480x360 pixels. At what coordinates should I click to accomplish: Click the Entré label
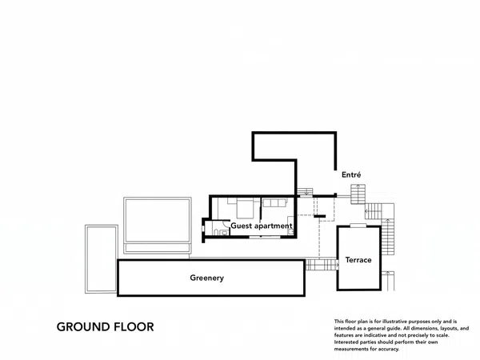351,174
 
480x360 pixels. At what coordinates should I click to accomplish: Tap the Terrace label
358,260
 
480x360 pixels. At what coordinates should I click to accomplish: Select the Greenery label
207,278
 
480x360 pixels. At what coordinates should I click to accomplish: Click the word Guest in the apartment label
242,226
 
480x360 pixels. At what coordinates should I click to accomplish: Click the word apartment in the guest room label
273,226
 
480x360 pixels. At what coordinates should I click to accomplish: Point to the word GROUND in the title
83,327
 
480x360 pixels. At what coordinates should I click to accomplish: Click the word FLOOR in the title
134,327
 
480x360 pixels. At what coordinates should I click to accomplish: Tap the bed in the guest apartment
245,208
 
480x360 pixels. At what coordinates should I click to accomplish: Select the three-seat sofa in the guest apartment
274,202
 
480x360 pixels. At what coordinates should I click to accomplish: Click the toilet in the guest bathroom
216,232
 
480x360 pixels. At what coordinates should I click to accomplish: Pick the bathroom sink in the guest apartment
225,233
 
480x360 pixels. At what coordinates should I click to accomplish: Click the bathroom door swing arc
226,223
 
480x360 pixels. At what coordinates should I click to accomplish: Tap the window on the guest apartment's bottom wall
265,237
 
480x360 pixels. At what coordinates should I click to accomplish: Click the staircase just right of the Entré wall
358,194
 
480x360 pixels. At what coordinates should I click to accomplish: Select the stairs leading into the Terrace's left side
322,265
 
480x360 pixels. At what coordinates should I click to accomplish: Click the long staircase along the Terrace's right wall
388,237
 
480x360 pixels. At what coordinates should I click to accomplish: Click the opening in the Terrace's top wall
358,226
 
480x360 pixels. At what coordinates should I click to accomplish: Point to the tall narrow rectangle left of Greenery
102,259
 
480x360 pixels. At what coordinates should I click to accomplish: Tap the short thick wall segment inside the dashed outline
319,217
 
